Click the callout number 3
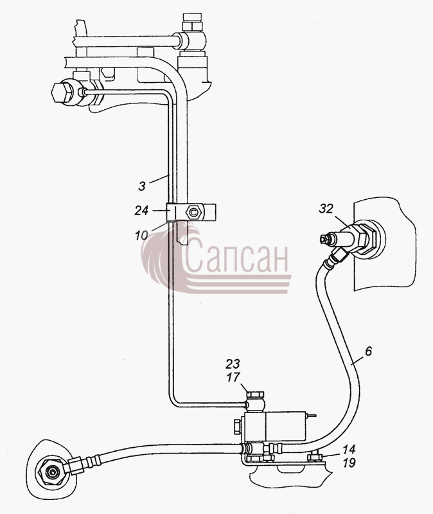click(141, 186)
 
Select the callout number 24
click(141, 211)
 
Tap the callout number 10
click(141, 235)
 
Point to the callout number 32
click(326, 209)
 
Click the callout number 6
click(368, 351)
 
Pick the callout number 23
click(233, 364)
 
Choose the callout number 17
click(233, 377)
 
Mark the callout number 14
click(349, 448)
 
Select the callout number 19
click(349, 463)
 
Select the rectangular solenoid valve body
click(275, 427)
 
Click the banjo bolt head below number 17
click(255, 393)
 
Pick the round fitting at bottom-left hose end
click(51, 473)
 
